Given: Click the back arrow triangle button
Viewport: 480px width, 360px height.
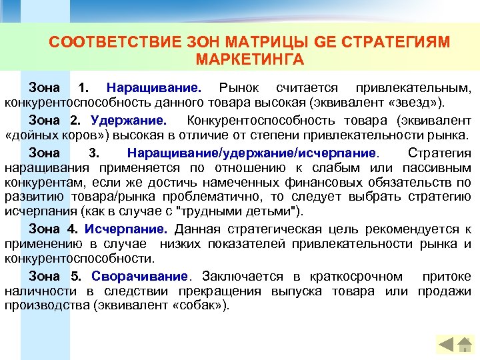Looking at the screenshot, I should [x=445, y=345].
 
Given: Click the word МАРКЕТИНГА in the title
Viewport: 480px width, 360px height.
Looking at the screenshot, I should [x=250, y=60].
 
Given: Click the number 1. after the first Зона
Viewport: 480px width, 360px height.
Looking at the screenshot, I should [x=83, y=89].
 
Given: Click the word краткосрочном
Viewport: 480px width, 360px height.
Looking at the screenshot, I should [x=359, y=276].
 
